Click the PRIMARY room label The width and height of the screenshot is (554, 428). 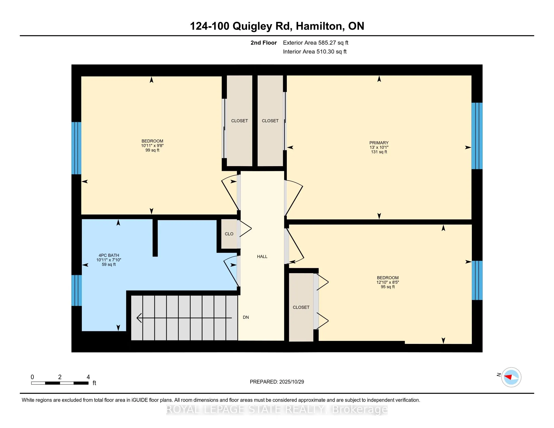(x=379, y=143)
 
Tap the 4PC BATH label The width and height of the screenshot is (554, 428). (x=109, y=255)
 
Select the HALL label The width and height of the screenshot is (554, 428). (x=262, y=257)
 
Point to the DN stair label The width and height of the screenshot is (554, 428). (x=246, y=317)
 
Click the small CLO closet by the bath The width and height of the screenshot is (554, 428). (x=229, y=234)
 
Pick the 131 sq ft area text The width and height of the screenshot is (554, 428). (x=379, y=152)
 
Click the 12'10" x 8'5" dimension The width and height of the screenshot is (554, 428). (x=388, y=282)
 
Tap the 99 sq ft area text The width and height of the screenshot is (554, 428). (x=152, y=150)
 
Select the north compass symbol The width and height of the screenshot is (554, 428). (x=511, y=377)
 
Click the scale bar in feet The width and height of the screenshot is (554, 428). (x=60, y=383)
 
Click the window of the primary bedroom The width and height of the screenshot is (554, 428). (x=477, y=136)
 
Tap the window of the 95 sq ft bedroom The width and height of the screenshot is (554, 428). (x=477, y=280)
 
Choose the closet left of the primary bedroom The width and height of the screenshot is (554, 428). (x=270, y=121)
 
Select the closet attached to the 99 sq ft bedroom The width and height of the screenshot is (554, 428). (x=239, y=121)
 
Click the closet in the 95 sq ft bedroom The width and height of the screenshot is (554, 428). (x=301, y=307)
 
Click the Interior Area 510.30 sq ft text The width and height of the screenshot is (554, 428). (x=315, y=52)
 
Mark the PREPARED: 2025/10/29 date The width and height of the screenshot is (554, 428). (x=277, y=382)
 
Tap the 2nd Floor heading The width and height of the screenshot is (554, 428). (x=264, y=43)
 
